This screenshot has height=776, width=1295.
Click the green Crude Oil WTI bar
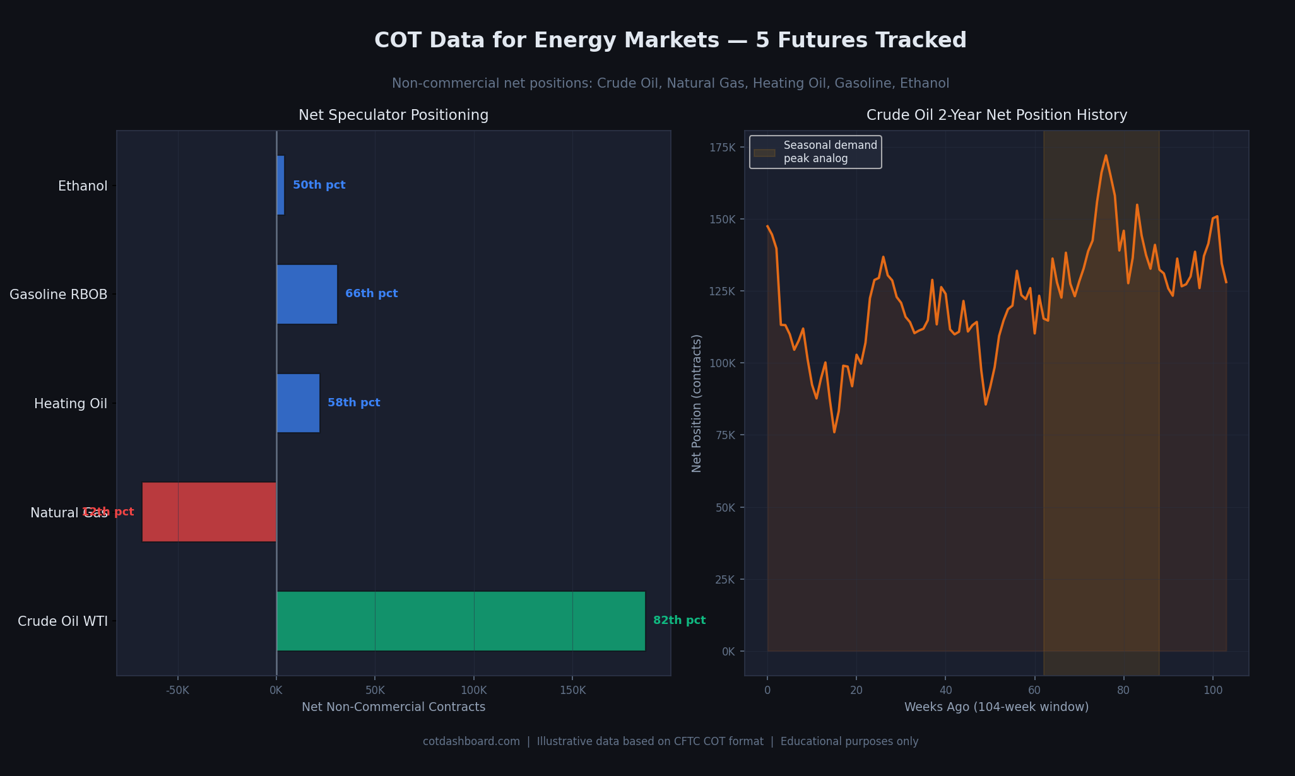point(461,621)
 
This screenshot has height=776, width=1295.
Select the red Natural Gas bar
point(209,512)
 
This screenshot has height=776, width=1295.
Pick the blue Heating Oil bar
point(298,403)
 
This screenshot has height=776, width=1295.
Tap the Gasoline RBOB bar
point(307,294)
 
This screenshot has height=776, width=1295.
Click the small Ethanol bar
point(281,185)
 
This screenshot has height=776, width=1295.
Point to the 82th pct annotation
point(679,621)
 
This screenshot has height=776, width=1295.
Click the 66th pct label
point(371,294)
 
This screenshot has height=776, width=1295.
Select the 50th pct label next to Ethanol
point(319,185)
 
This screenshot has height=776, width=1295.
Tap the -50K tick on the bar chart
point(177,690)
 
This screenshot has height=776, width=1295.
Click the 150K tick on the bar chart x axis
point(572,690)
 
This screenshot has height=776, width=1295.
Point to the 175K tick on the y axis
point(723,148)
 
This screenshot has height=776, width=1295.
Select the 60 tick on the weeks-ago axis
point(1034,690)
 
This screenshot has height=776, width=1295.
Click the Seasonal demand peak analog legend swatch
point(764,153)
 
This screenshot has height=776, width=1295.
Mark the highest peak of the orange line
point(1105,155)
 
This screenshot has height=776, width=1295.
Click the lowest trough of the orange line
point(834,432)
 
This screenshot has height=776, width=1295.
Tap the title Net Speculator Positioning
point(393,115)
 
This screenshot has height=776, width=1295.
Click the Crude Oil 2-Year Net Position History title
point(996,115)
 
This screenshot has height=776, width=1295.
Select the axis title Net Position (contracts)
point(697,403)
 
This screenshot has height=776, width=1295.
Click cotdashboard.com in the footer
point(471,741)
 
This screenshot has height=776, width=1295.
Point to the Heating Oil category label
point(71,404)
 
